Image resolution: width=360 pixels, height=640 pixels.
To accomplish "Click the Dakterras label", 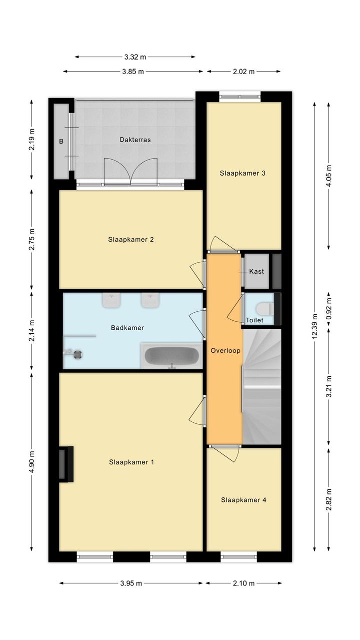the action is pos(135,140).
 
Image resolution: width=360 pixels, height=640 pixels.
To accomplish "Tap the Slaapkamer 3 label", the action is pos(242,173).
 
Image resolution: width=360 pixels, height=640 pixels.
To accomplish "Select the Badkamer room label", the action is pos(127,328).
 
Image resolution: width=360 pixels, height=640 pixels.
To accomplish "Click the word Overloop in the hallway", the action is pos(225,351).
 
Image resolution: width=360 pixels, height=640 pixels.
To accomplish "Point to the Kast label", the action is pos(256,271).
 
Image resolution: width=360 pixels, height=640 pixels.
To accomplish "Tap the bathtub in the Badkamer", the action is pos(172,356).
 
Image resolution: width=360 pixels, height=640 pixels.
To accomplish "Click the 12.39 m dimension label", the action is pos(314,326).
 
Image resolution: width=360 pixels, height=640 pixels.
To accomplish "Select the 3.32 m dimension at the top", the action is pos(135,57).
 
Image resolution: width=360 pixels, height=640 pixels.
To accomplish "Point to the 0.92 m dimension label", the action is pos(329,309).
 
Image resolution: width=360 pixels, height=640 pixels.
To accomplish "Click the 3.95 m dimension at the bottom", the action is pos(131,583).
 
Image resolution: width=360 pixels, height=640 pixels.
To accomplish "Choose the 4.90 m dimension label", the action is pos(31,461).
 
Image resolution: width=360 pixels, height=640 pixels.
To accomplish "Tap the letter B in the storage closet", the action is pos(61,141).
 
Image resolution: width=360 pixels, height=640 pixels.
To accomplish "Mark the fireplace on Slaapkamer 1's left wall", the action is pos(66,464).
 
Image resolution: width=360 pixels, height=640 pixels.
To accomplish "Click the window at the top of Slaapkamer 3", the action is pos(240,97).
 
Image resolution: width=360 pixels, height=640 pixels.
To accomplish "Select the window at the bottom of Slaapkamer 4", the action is pos(238,556).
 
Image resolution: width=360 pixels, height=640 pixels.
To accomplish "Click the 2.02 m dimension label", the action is pos(243,72).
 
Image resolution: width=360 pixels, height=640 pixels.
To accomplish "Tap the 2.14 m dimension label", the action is pos(31,330).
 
